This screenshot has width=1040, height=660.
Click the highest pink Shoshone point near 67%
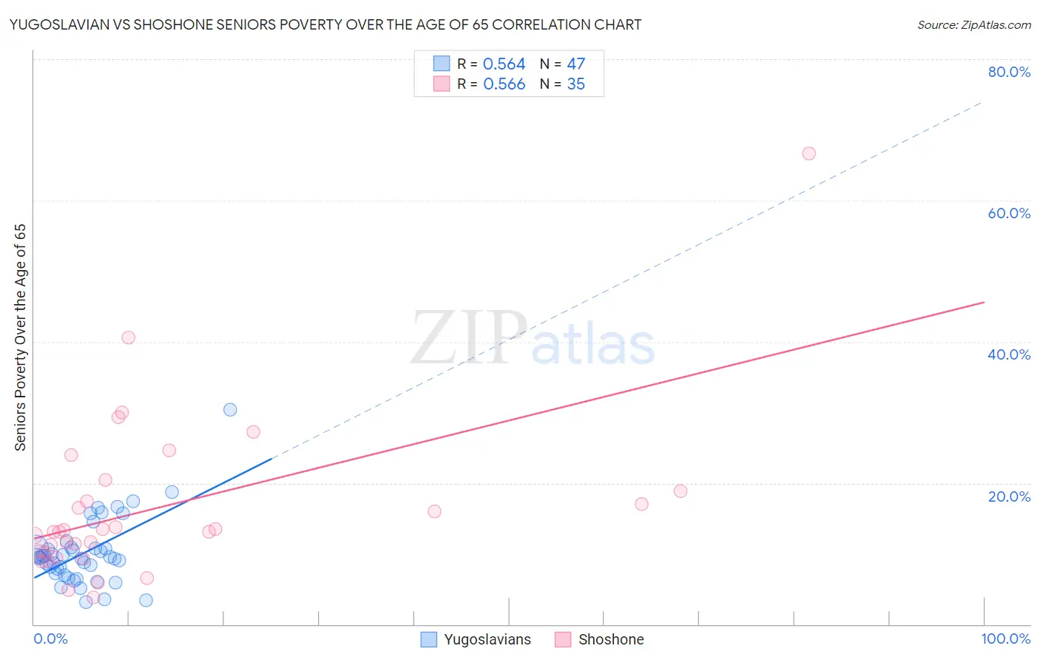[808, 154]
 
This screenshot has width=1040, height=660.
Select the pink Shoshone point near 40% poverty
[128, 337]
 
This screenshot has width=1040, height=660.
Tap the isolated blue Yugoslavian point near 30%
[230, 410]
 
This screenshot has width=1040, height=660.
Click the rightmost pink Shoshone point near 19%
[681, 491]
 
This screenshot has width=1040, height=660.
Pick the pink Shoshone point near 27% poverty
[253, 432]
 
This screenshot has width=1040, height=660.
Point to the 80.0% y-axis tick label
[1009, 72]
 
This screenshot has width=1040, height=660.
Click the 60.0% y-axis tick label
[1009, 213]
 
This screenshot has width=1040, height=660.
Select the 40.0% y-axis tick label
[1009, 354]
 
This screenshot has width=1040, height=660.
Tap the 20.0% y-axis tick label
[1009, 496]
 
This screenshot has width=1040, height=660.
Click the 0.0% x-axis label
[50, 639]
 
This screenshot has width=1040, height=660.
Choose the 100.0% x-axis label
[1005, 639]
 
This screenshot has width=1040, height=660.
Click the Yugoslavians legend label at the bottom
[487, 639]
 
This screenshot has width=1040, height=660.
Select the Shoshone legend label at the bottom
[611, 639]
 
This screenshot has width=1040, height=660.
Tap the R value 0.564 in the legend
[504, 64]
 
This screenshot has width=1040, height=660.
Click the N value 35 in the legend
[575, 84]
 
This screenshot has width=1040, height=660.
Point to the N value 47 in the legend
[575, 64]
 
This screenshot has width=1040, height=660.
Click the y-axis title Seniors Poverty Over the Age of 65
[20, 337]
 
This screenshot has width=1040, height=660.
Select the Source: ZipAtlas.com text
[973, 25]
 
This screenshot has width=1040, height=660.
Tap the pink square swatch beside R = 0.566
[442, 84]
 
